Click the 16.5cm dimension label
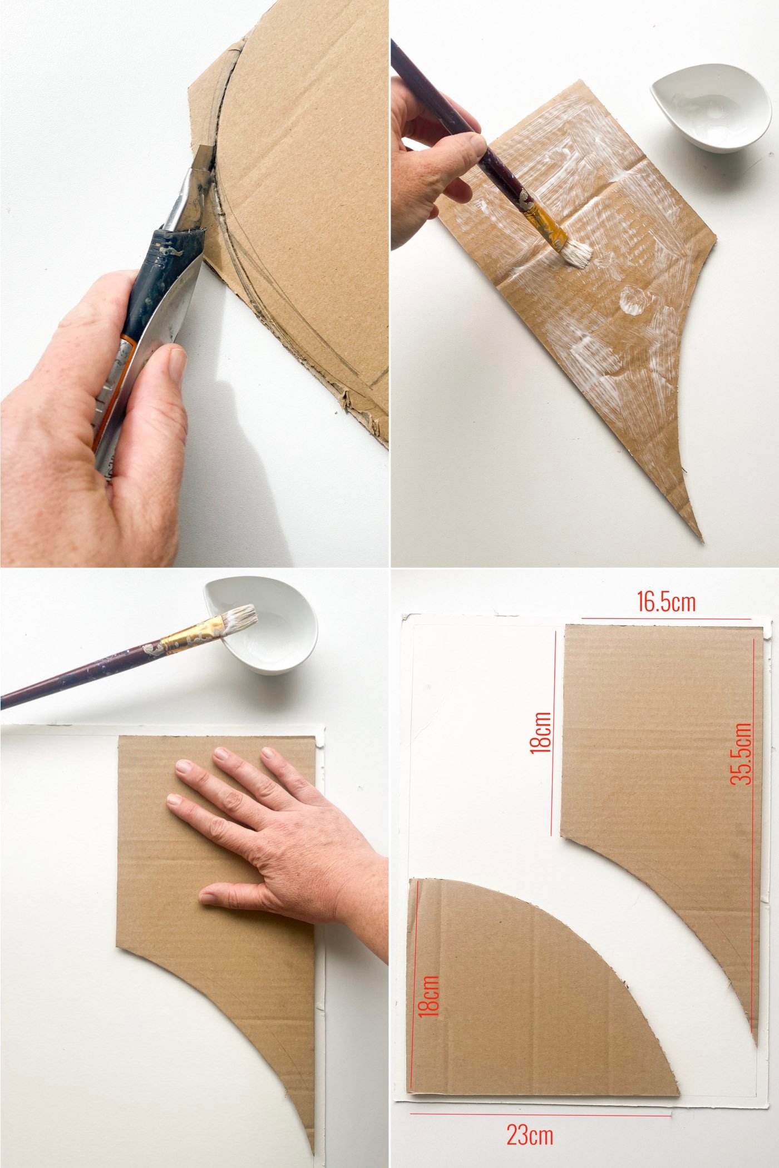click(x=666, y=602)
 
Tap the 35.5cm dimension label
click(x=741, y=754)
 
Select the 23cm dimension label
click(x=530, y=1135)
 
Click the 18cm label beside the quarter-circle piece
click(x=430, y=997)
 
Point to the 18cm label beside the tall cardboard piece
click(x=541, y=733)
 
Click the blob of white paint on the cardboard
click(x=634, y=300)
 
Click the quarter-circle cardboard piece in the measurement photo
click(x=517, y=996)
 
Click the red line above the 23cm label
click(x=540, y=1114)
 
